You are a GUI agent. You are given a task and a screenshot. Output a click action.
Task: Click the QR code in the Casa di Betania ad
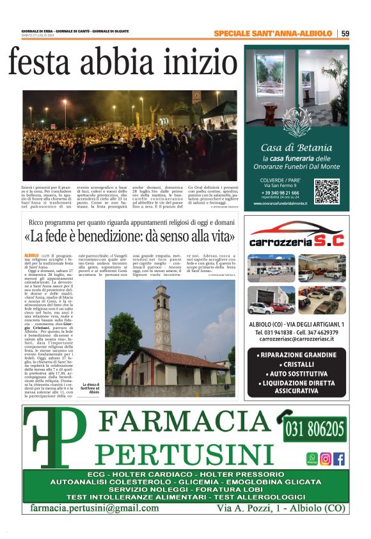(x=327, y=191)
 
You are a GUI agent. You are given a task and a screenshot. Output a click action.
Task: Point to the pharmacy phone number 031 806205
(x=314, y=428)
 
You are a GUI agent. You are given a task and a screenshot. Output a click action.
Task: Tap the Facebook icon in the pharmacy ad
(x=339, y=458)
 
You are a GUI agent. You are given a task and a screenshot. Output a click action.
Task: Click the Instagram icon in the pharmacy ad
(x=326, y=458)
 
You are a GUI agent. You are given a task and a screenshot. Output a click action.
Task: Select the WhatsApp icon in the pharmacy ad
(x=312, y=458)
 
